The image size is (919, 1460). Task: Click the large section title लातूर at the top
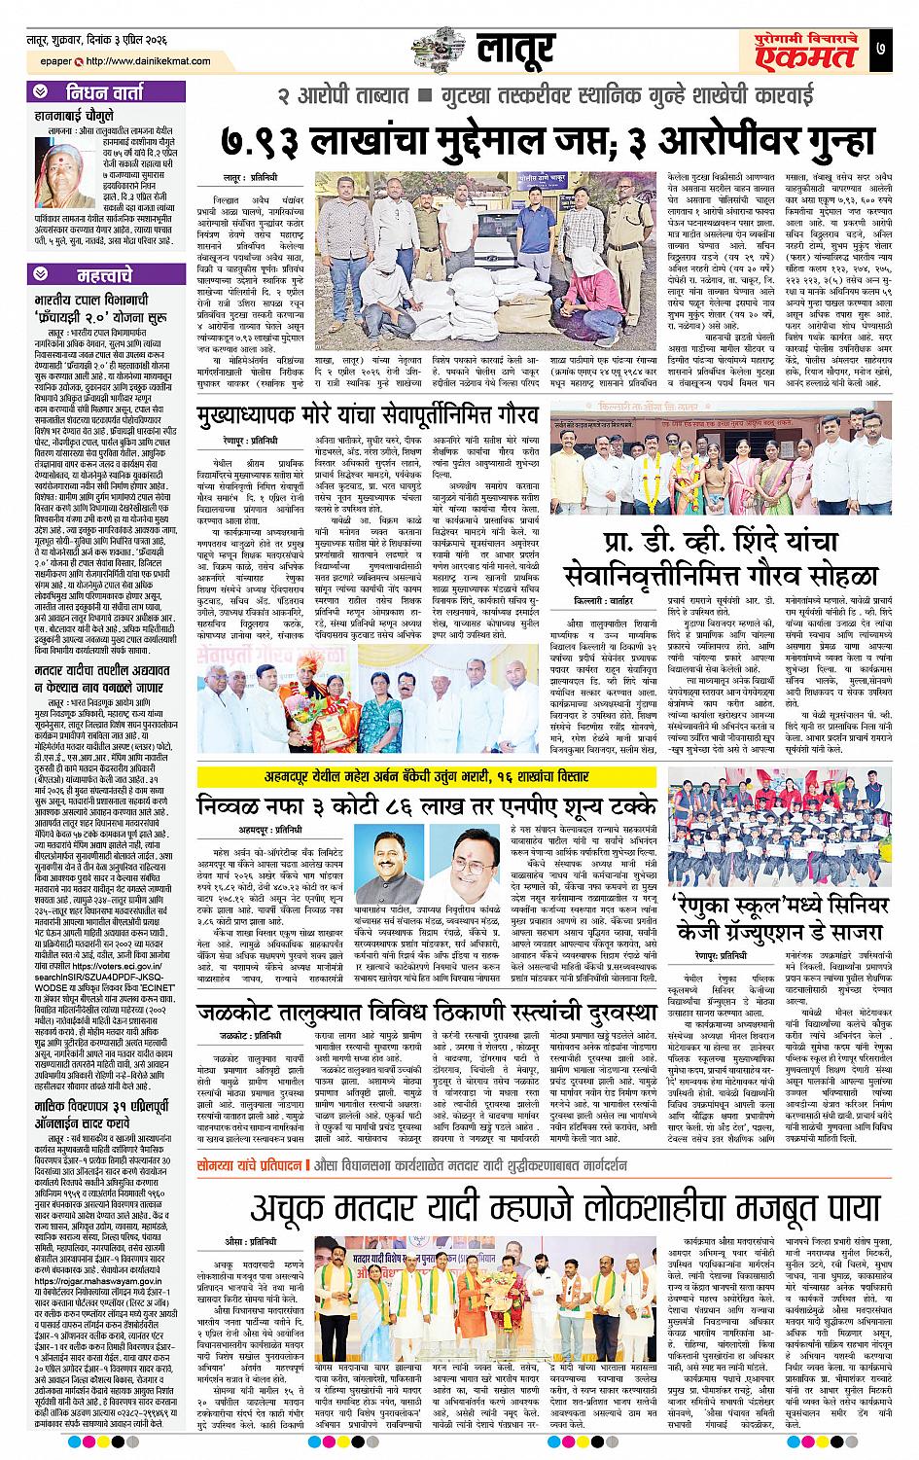(515, 45)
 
